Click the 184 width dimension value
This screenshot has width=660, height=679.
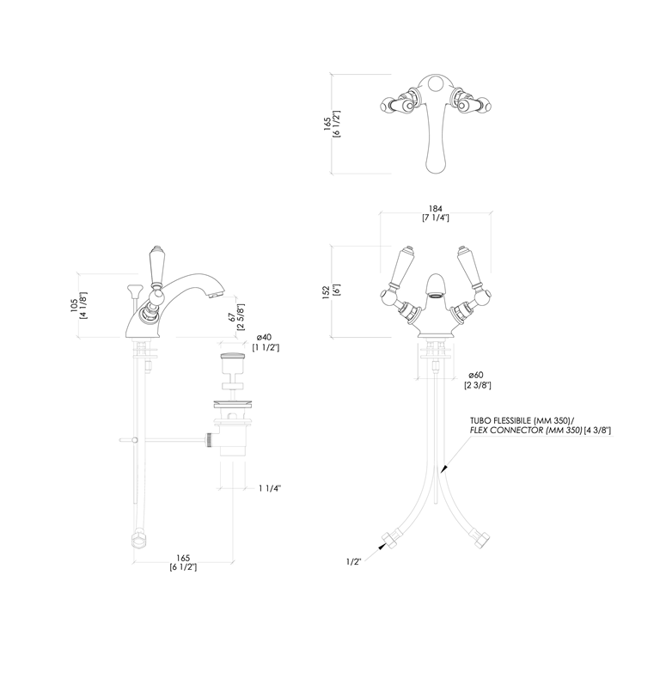pos(436,209)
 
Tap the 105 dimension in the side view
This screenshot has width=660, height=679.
pos(74,305)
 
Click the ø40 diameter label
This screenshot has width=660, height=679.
pos(264,337)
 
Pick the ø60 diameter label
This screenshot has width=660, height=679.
pos(476,375)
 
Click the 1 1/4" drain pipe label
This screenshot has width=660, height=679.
pos(270,488)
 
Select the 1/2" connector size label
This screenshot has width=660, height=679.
pos(353,561)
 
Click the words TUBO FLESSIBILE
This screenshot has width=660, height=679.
pos(501,420)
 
